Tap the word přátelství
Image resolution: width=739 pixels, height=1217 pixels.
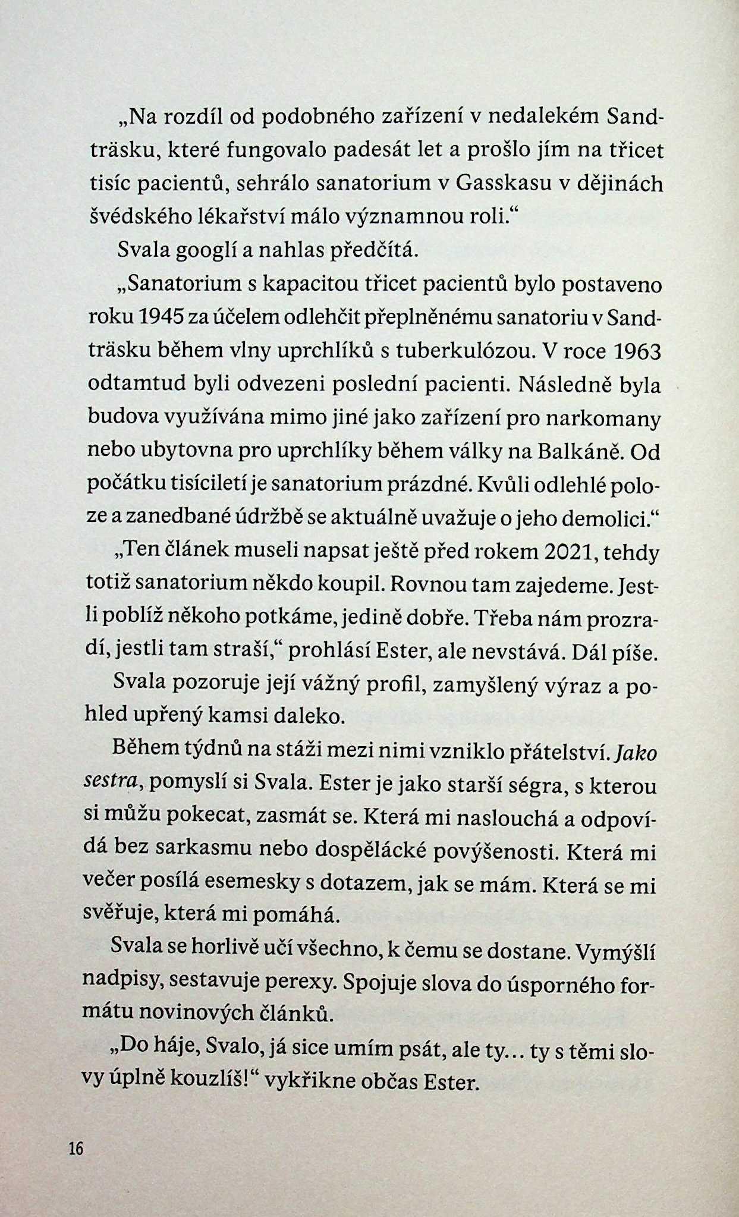point(559,754)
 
